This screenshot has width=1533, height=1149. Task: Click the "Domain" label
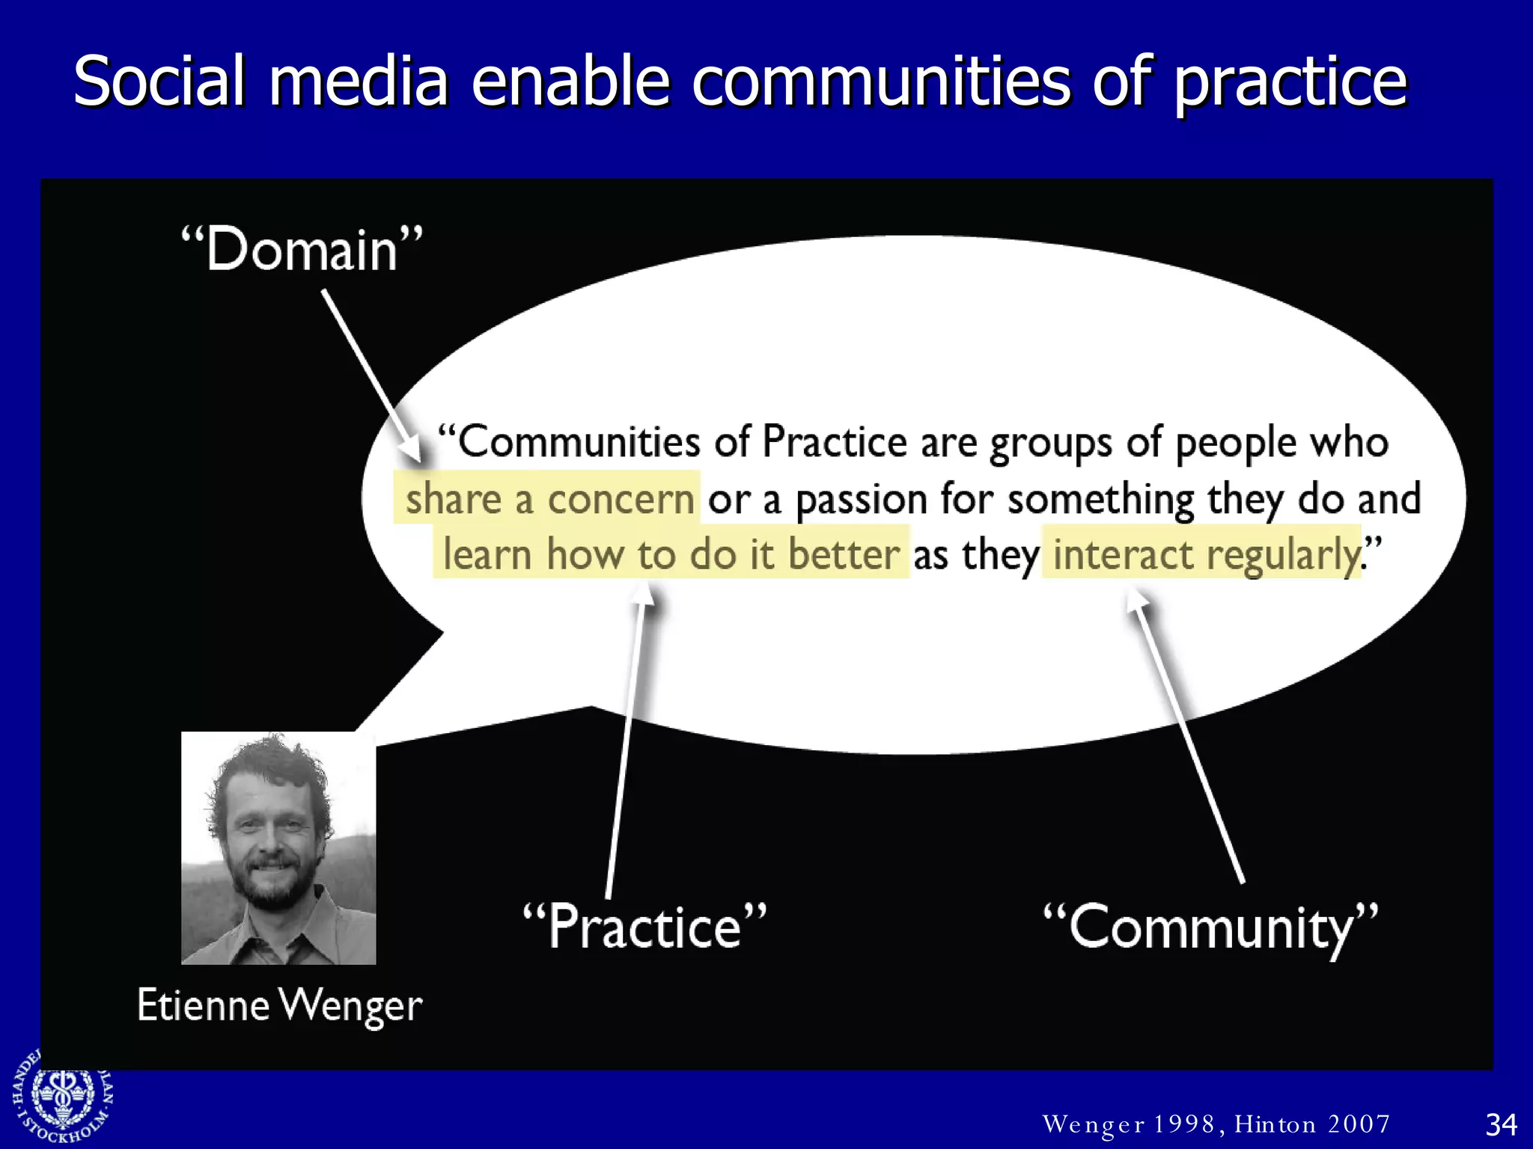click(x=302, y=249)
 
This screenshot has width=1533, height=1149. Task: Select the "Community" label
click(x=1210, y=928)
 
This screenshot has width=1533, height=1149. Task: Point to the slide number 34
click(x=1501, y=1124)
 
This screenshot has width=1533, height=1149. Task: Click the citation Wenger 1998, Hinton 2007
click(x=1216, y=1124)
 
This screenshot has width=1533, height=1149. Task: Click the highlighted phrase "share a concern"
click(x=549, y=499)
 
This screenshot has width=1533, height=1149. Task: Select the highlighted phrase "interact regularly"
click(x=1205, y=555)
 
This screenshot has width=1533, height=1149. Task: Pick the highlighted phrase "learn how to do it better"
click(x=671, y=555)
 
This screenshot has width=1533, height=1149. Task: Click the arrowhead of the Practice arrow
click(x=644, y=595)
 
